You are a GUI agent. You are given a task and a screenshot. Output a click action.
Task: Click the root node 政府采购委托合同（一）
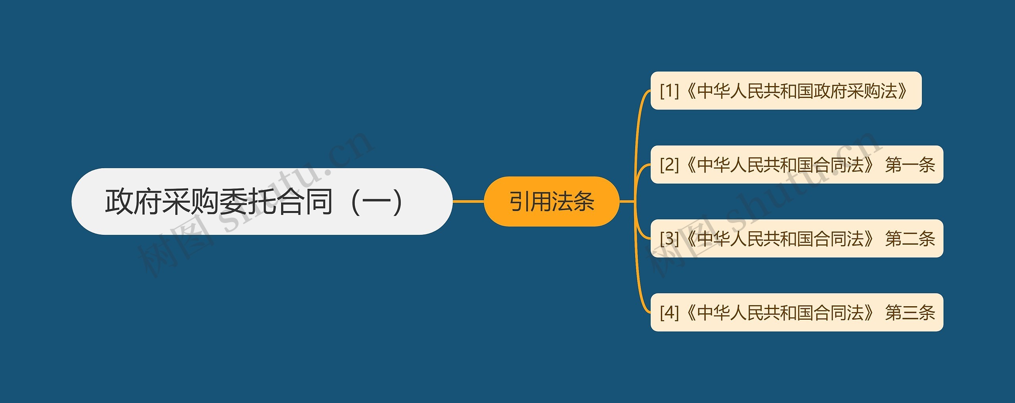pos(262,201)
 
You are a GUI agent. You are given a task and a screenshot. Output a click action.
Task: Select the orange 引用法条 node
pos(552,201)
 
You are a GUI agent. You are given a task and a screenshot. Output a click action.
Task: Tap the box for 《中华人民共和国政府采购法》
pos(786,91)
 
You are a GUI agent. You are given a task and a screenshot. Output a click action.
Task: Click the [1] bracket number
pos(669,91)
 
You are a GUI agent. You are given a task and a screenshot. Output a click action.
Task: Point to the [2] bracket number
pos(669,165)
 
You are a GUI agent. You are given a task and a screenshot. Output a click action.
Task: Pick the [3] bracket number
pos(669,238)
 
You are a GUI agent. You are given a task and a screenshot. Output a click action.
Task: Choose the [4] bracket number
pos(669,313)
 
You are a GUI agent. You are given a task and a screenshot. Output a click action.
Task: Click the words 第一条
pos(910,165)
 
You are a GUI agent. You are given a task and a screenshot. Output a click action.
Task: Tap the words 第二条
pos(910,238)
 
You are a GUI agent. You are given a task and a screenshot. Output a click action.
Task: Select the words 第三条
pos(910,313)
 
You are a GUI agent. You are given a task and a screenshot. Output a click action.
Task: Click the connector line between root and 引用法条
pos(468,201)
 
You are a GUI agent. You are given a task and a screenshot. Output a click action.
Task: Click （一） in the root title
pos(377,201)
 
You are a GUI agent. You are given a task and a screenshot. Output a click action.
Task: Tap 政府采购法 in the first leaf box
pos(856,91)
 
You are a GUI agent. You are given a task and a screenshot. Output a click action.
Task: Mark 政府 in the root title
pos(133,201)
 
